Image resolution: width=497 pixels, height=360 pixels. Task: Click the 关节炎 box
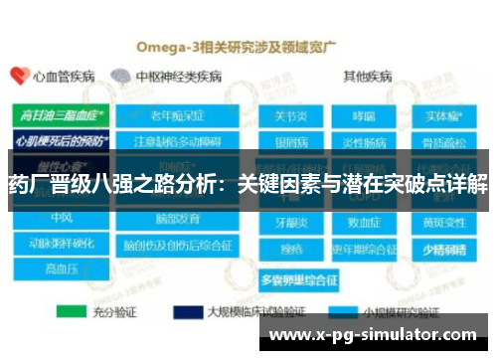coord(290,115)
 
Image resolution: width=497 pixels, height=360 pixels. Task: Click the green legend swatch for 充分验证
coord(73,310)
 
